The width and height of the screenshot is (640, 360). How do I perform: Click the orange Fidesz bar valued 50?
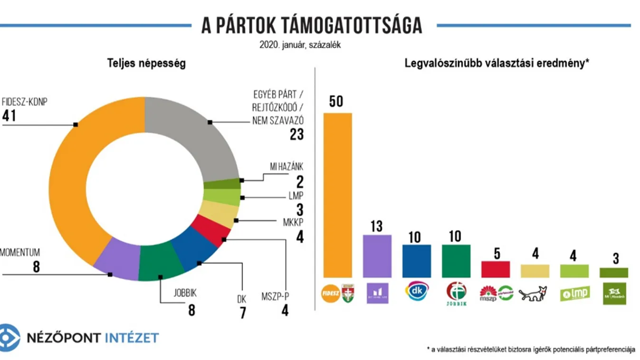click(x=337, y=195)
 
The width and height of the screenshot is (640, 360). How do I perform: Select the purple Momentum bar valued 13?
click(x=377, y=256)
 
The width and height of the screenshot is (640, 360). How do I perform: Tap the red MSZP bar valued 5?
click(x=495, y=269)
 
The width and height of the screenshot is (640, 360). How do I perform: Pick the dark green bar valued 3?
click(x=614, y=273)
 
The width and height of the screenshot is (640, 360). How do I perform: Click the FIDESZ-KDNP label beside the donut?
click(x=25, y=102)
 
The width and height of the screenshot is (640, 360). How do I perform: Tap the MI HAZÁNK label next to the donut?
click(x=283, y=167)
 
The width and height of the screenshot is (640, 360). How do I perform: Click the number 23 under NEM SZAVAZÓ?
click(x=296, y=134)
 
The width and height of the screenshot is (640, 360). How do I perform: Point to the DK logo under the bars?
click(x=416, y=291)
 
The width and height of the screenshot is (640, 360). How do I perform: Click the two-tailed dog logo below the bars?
click(x=533, y=294)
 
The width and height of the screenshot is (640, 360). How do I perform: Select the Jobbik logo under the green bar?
click(x=456, y=293)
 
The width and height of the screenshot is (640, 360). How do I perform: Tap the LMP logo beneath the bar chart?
click(x=574, y=294)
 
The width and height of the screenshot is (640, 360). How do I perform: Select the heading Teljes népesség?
click(x=146, y=63)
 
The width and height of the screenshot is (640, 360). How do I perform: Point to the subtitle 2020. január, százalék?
click(x=300, y=45)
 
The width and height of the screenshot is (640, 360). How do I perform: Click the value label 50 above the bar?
click(x=336, y=102)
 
